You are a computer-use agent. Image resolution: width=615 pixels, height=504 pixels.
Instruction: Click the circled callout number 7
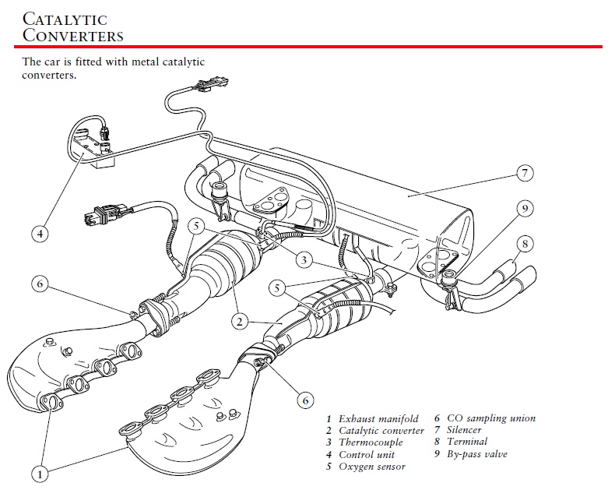525,174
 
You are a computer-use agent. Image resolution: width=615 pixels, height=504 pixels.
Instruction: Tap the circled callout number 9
525,209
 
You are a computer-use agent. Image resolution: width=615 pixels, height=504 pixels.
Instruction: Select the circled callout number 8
525,244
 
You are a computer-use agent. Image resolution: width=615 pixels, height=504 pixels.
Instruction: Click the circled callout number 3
304,259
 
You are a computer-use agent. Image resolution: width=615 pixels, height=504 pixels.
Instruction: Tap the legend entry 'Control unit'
367,454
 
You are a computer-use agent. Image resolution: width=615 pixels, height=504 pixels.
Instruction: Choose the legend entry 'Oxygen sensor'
372,467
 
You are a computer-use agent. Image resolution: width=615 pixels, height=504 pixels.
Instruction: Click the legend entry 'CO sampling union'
490,418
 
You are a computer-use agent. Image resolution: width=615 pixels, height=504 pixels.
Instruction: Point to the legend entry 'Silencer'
464,430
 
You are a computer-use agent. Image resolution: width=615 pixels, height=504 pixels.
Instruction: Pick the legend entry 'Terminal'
467,442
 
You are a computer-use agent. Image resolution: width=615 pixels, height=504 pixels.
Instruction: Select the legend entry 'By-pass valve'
476,454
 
